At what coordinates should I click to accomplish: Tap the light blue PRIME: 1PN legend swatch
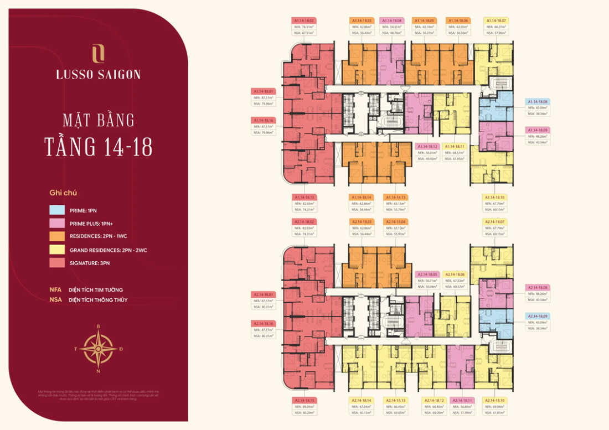click(56, 210)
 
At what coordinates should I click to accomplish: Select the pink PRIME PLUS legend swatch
click(56, 224)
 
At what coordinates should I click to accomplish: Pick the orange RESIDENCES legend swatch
click(56, 237)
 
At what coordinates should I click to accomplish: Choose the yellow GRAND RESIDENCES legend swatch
click(56, 250)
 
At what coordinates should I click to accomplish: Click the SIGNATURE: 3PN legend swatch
click(56, 263)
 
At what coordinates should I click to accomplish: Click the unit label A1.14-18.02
click(303, 20)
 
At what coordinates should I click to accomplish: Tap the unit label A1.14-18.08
click(537, 102)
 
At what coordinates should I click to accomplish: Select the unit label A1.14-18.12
click(427, 146)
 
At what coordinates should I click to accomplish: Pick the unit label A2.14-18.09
click(537, 316)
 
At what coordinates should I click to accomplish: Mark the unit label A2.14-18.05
click(427, 274)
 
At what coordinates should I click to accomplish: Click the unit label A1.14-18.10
click(496, 197)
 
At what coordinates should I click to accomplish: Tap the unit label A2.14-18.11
click(462, 400)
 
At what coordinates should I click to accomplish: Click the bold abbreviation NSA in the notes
click(55, 300)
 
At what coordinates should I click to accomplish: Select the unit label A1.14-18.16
click(264, 120)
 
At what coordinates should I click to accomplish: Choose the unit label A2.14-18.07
click(496, 222)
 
